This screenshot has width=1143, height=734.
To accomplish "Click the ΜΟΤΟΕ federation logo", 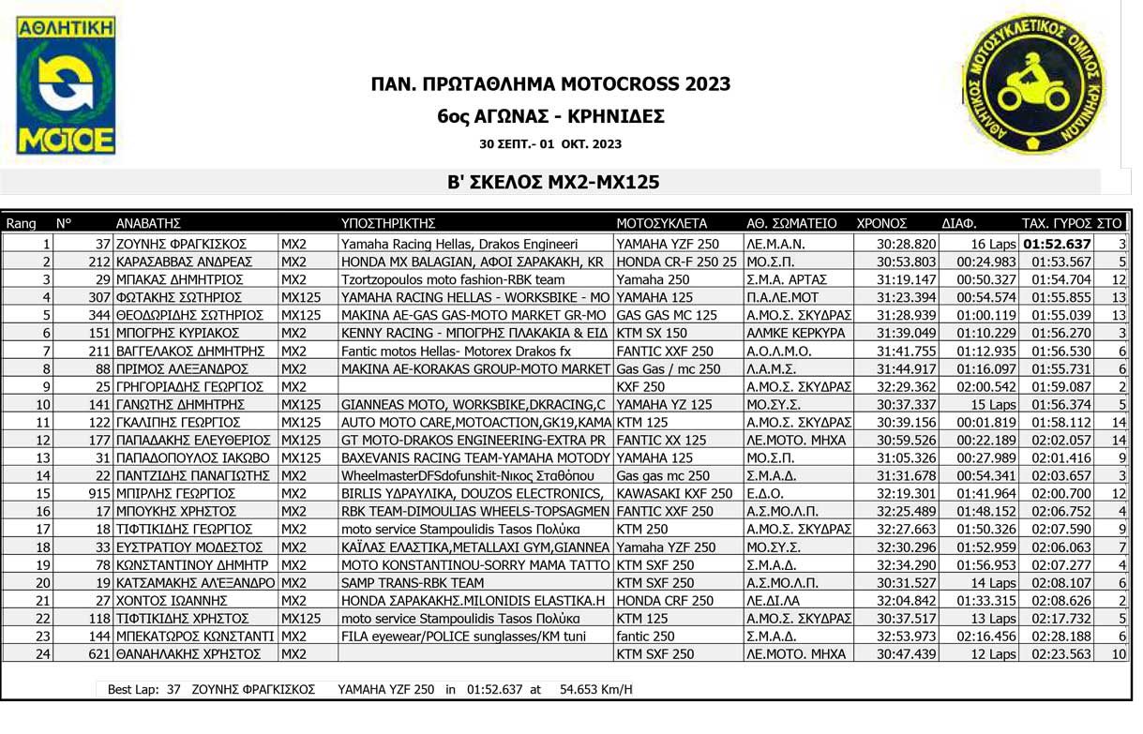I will tap(66, 85).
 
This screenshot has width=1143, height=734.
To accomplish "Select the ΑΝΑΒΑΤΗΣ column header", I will tap(147, 224).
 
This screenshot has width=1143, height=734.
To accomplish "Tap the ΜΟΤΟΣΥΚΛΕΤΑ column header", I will tap(661, 224).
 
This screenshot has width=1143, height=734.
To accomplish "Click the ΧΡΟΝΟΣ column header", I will tap(881, 224).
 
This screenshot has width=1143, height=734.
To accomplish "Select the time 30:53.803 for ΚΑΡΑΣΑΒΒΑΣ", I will tap(907, 262).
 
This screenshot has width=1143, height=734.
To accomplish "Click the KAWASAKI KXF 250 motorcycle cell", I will tap(674, 493).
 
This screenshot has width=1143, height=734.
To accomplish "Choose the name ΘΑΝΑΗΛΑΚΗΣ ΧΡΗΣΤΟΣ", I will tap(181, 653).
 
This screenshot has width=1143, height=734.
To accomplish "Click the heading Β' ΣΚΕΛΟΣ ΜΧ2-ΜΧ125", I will tap(553, 183).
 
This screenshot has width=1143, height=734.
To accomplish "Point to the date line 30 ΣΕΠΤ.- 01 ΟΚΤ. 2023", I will tap(549, 144).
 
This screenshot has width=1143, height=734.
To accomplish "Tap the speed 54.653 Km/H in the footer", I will tap(595, 690).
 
